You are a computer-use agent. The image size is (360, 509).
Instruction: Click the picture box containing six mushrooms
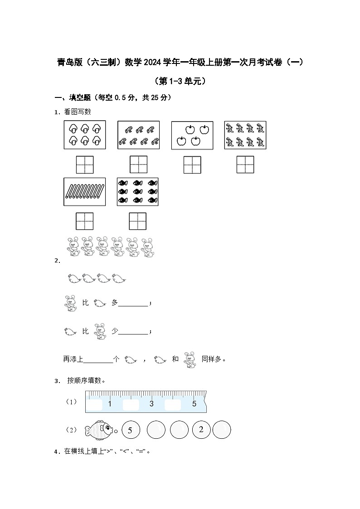pos(85,135)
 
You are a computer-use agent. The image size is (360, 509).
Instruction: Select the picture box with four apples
pos(192,135)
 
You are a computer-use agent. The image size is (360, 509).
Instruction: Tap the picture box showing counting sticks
pos(85,192)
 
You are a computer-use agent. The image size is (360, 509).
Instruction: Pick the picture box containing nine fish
pos(138,192)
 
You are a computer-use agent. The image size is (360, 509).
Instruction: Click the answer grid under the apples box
pos(192,165)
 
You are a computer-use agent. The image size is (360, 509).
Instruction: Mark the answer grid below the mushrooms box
pos(85,164)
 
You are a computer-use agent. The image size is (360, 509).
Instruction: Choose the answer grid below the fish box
pos(138,221)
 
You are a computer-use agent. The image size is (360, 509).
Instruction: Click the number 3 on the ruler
pos(151,404)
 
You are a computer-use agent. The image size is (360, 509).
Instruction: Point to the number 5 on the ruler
pos(194,403)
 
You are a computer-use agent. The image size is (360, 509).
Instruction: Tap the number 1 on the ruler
pos(110,404)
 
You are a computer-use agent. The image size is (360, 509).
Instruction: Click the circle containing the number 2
pos(201,430)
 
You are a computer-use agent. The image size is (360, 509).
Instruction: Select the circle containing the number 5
pos(130,430)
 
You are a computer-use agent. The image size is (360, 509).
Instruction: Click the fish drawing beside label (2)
pos(99,429)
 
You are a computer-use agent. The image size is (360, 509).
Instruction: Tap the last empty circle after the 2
pos(222,430)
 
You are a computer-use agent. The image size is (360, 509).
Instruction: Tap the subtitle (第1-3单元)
pos(180,81)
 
